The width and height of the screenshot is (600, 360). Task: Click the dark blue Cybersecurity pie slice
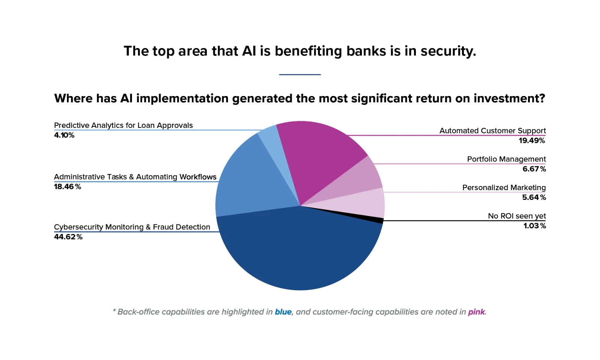[300, 255]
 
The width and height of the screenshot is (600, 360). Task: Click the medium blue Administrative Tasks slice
[252, 182]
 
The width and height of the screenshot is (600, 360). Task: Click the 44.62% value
[68, 237]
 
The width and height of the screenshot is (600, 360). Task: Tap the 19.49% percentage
[532, 140]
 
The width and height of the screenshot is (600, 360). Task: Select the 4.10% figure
[64, 135]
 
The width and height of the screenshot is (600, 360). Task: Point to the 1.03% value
[535, 226]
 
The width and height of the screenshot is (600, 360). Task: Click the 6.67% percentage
[534, 169]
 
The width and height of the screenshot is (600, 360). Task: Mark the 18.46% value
[67, 187]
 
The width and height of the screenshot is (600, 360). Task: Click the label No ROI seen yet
[517, 216]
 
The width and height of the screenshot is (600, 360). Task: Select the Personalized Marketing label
[504, 187]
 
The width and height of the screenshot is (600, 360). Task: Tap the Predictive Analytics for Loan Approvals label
[123, 125]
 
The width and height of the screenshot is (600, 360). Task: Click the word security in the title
[448, 51]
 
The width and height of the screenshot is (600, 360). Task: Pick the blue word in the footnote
[283, 312]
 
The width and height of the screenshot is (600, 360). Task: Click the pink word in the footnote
[477, 312]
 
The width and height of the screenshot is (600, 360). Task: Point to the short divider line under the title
[300, 75]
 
